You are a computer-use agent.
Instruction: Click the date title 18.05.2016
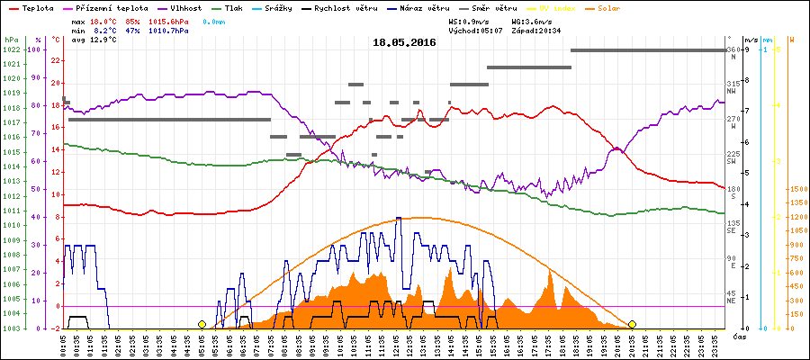[404, 42]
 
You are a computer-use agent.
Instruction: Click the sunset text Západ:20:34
[536, 30]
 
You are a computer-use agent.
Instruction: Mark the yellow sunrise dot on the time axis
[202, 324]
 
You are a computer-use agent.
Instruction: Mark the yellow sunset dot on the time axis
[633, 324]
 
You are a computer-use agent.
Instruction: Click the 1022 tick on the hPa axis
[12, 49]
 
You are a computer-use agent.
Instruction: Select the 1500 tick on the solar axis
[797, 189]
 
